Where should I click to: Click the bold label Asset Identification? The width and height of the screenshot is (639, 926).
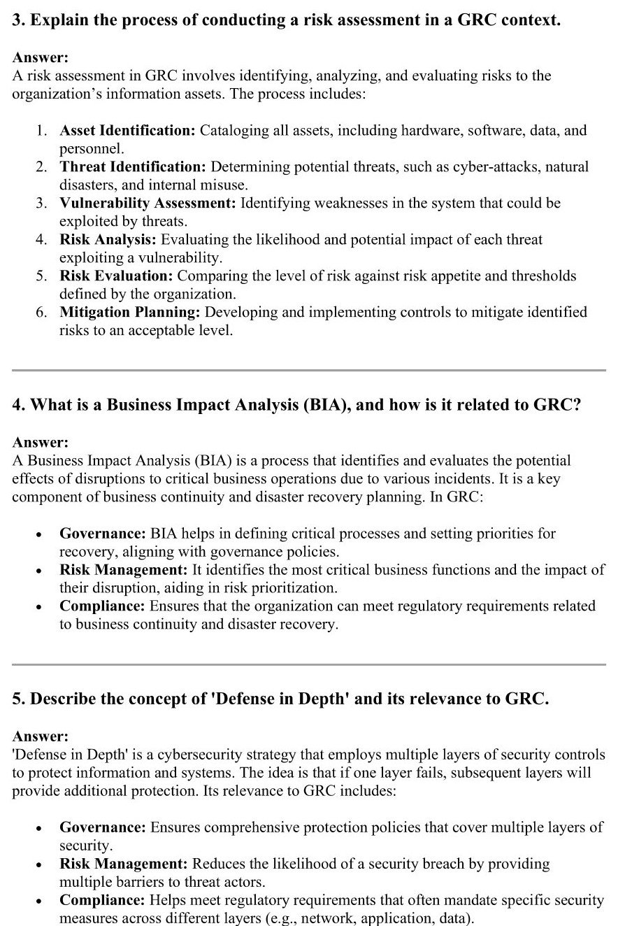(127, 131)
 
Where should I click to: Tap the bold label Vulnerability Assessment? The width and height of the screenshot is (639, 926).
(148, 204)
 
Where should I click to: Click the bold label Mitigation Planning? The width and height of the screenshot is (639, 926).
(130, 313)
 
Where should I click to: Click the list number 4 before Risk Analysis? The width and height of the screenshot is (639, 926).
(41, 240)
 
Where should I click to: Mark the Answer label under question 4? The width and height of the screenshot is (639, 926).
(41, 443)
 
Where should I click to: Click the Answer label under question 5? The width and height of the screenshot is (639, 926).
(41, 736)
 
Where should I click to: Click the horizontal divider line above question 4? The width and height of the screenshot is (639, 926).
(309, 370)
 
